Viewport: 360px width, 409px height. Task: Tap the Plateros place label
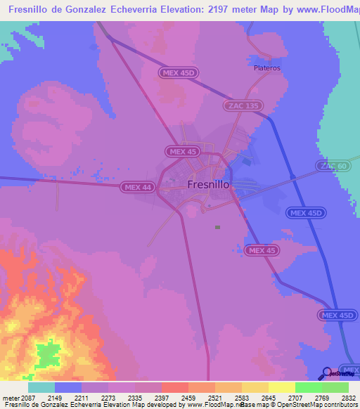[266, 68]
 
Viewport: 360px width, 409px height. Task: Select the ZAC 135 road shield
[243, 105]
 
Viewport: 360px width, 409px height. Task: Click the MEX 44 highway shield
[137, 187]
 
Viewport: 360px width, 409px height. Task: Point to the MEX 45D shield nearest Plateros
[179, 72]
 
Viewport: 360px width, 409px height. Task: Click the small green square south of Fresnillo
[217, 227]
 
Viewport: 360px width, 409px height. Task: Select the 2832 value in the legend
[340, 398]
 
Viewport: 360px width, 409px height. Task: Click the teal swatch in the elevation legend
[41, 387]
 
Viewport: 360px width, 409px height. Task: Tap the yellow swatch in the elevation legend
[281, 387]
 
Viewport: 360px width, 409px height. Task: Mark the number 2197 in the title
[226, 10]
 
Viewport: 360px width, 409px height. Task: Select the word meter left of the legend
[11, 398]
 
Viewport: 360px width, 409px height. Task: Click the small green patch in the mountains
[49, 353]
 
